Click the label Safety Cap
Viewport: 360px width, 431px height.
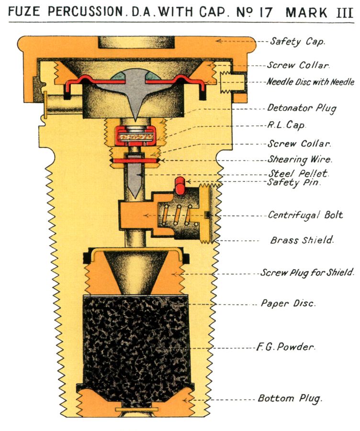point(297,42)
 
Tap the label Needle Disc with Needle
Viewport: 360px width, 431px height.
point(310,82)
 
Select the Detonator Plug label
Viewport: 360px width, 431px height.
point(302,108)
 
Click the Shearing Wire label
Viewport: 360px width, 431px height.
point(299,159)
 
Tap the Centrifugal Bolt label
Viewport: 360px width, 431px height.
point(305,215)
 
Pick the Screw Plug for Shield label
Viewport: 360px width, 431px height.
point(307,273)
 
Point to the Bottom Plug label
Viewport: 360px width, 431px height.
point(290,398)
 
